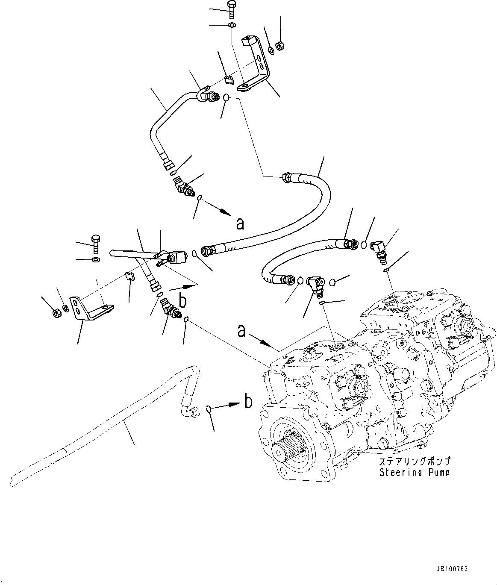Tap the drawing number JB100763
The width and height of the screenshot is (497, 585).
[452, 569]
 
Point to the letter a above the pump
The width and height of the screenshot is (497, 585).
[242, 330]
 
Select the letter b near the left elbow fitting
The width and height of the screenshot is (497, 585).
[182, 301]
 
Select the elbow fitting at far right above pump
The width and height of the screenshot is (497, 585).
[378, 249]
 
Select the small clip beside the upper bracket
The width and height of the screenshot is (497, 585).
[229, 79]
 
